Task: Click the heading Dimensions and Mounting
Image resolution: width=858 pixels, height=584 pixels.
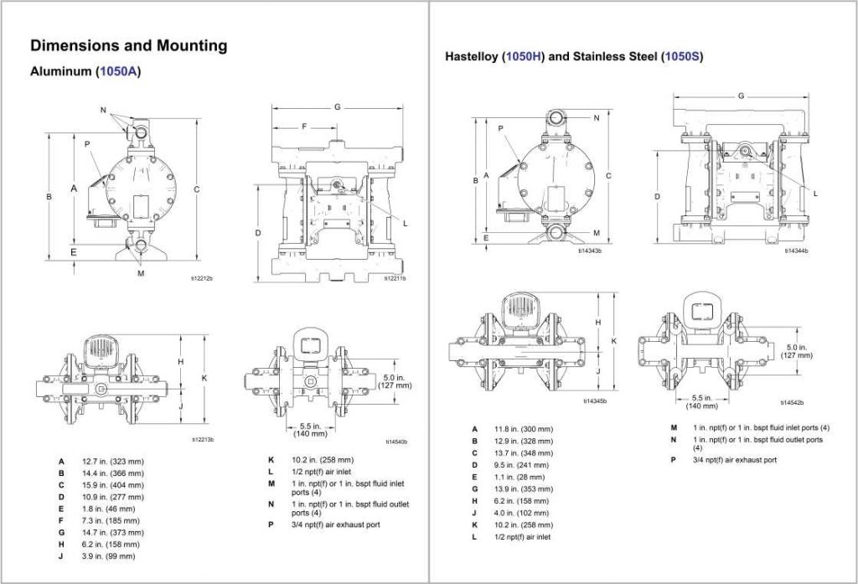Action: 128,45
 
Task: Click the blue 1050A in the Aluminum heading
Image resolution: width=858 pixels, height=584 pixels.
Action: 117,72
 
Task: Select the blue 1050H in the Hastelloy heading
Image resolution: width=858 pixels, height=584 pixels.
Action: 523,57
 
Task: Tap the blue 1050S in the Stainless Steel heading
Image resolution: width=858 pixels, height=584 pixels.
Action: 680,57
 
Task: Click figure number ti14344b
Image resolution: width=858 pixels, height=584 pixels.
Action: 797,251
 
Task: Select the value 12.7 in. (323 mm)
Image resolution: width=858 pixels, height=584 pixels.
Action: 113,462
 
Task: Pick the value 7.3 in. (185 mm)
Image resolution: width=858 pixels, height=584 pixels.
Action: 111,520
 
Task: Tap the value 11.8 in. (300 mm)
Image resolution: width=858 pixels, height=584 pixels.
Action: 525,429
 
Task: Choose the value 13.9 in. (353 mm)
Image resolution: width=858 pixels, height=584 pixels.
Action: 525,488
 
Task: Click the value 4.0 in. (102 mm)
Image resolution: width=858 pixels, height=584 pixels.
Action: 522,512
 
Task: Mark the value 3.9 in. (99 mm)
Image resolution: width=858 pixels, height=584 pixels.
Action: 109,556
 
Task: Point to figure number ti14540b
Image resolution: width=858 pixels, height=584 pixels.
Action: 396,442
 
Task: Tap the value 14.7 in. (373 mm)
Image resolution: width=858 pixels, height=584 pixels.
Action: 113,532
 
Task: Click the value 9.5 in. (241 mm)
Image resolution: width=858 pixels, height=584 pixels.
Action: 522,464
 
